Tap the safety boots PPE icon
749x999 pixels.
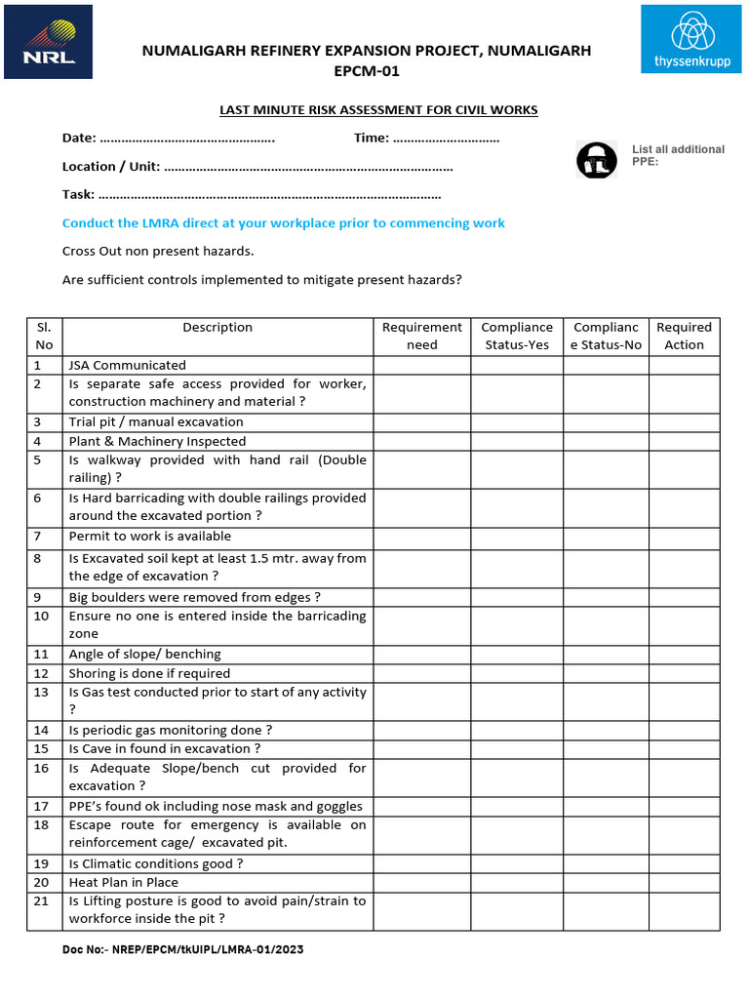(596, 160)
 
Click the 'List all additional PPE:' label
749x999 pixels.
(678, 155)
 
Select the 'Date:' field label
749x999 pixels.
(79, 139)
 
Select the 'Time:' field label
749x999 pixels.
(372, 139)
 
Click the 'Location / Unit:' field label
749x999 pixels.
(111, 167)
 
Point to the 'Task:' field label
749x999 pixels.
(78, 194)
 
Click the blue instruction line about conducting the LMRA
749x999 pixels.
(283, 223)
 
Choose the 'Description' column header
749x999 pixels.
(217, 328)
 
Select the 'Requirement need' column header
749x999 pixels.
(421, 336)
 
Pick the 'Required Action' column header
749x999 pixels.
(684, 336)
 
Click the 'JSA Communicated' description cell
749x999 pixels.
(127, 365)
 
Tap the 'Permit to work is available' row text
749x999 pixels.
(149, 536)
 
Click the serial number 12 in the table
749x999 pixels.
(41, 673)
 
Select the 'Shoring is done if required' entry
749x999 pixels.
(149, 673)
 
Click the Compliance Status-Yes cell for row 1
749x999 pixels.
(516, 365)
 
